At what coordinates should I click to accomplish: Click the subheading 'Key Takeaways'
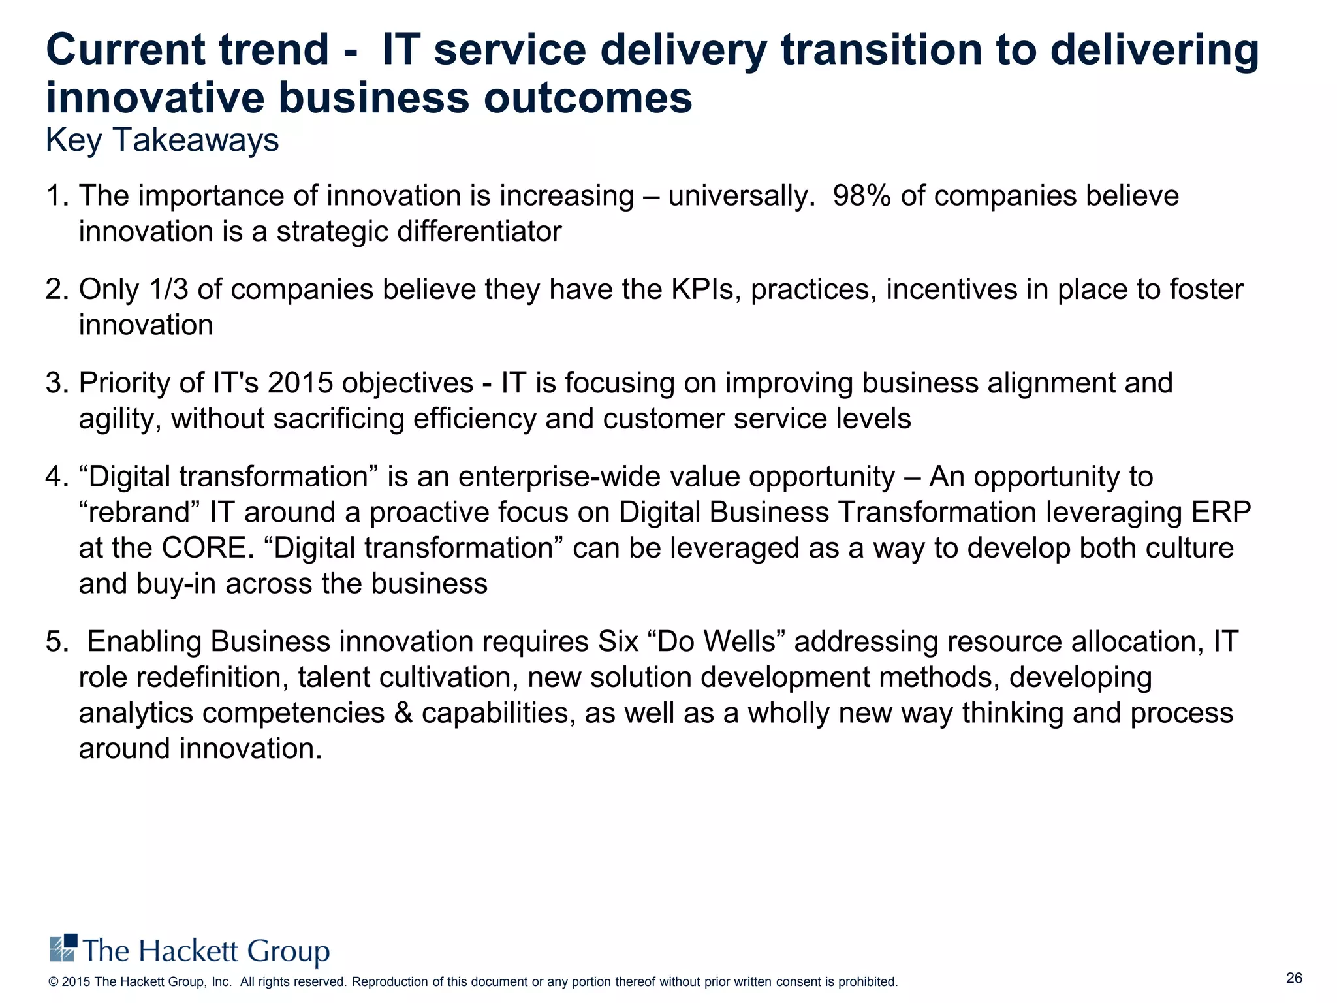tap(162, 140)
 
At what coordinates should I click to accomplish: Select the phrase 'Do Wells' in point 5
tap(716, 642)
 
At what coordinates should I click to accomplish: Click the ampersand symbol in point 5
tap(403, 713)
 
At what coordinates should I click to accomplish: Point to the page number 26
tap(1294, 978)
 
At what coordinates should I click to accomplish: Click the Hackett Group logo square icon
tap(63, 947)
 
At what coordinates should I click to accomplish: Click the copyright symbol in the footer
tap(54, 982)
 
